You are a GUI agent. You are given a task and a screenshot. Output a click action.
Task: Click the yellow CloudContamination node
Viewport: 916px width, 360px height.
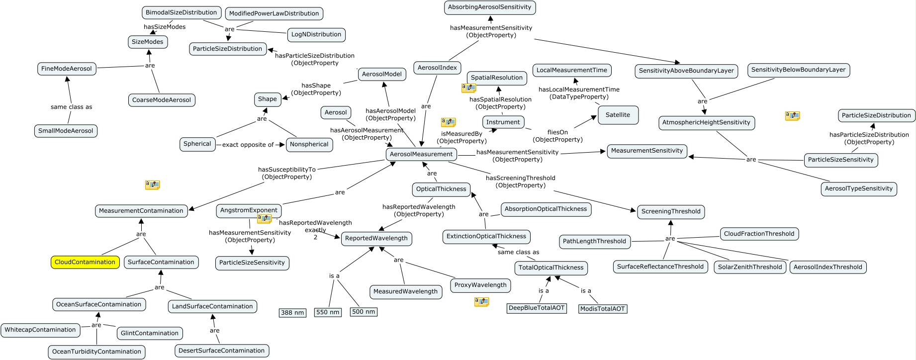point(85,262)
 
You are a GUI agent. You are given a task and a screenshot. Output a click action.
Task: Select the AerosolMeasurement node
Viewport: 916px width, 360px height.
point(421,154)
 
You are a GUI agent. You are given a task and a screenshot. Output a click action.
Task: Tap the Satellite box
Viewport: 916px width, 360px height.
point(618,115)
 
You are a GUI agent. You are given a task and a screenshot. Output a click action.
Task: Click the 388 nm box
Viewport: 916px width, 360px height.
point(292,313)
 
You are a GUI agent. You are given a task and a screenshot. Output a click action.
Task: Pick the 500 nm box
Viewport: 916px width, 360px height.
point(364,312)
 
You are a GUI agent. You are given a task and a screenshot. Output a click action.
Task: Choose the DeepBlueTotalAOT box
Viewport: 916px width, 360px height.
point(537,308)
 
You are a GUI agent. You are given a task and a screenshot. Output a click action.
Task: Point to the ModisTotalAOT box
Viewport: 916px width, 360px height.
point(602,309)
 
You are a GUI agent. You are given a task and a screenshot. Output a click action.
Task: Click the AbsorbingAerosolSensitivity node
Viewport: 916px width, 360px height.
point(489,7)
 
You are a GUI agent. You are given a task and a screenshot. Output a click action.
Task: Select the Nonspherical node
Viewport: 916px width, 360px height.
point(309,144)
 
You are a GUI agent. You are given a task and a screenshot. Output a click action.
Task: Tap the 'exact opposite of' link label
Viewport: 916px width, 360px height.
point(248,145)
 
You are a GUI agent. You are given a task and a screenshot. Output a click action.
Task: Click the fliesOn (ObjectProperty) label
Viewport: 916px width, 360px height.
point(557,136)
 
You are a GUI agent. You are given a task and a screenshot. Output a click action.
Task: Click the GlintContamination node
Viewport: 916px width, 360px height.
point(150,333)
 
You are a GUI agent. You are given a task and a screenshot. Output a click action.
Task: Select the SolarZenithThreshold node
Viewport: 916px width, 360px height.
point(750,267)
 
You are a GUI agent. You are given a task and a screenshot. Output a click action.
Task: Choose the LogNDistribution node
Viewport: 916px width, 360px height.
point(316,35)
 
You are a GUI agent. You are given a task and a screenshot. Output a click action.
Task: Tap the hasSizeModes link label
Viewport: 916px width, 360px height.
point(165,27)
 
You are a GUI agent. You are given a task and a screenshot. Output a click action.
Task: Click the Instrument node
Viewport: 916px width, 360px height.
point(503,122)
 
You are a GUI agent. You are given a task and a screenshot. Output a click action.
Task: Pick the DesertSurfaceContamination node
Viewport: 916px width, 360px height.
point(221,351)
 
